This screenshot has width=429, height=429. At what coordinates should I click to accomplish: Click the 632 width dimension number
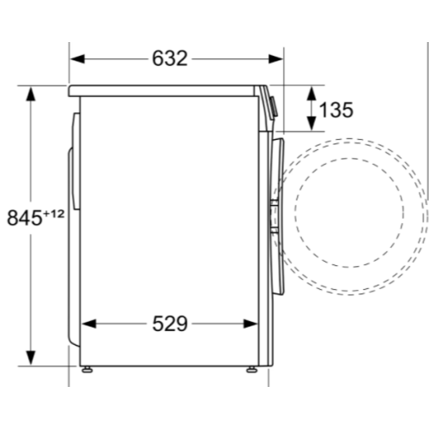tap(170, 58)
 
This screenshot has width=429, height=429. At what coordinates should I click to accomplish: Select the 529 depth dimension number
tap(170, 323)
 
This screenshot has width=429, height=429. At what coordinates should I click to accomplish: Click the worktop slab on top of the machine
tap(167, 89)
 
